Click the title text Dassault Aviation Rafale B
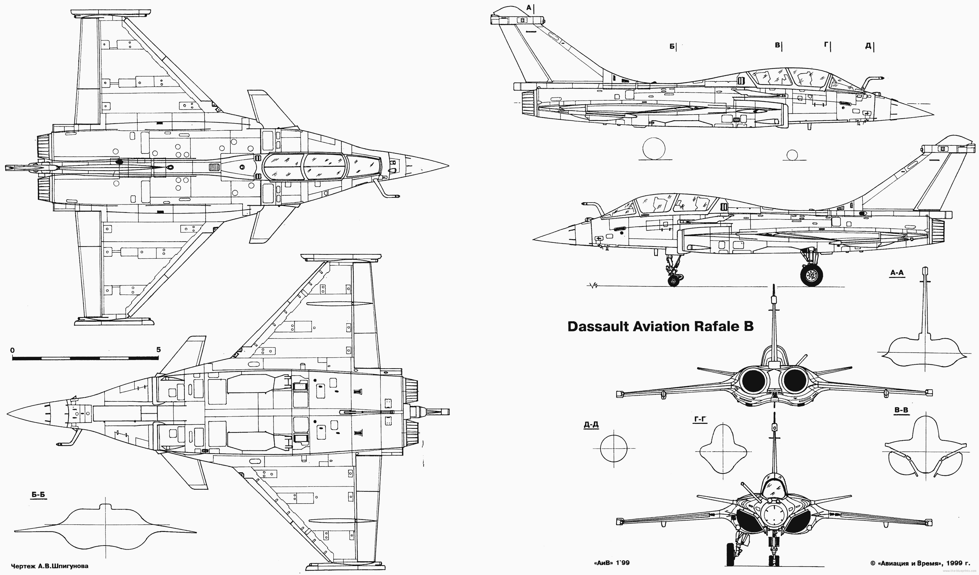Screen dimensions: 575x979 (x=660, y=326)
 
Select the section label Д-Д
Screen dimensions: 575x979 (x=591, y=425)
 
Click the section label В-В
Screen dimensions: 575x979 (x=901, y=410)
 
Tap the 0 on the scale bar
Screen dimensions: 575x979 (x=13, y=350)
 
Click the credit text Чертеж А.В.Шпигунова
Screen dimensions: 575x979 (x=53, y=566)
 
